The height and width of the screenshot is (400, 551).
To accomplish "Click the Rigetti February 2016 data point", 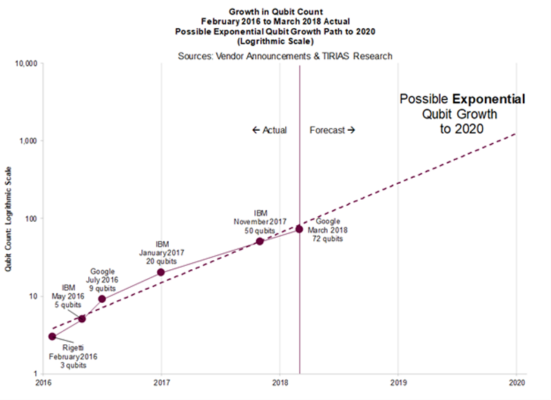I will [x=52, y=336].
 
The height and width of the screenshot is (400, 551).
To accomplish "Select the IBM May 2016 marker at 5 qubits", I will [x=82, y=319].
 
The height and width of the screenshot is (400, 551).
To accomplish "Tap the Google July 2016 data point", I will [x=102, y=299].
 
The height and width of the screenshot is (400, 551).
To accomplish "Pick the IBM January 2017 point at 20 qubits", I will [x=161, y=272].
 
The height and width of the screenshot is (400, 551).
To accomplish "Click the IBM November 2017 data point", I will [x=260, y=241].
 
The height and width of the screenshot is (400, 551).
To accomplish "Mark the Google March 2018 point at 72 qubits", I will [x=300, y=229].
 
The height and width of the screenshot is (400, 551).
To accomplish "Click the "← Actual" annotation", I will [x=270, y=130].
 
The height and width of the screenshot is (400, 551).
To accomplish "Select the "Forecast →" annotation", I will [x=332, y=130].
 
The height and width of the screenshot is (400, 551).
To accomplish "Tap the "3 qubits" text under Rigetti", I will [x=72, y=366].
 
